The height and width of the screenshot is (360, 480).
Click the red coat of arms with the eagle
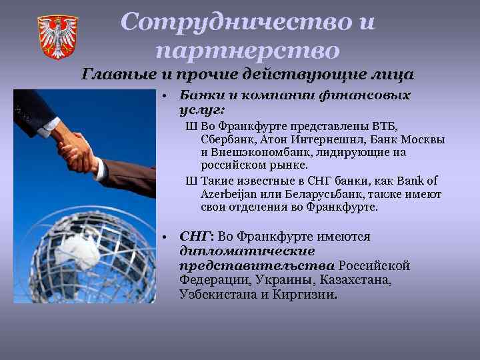pos(57,37)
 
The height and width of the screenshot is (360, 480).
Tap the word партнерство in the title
pos(248,50)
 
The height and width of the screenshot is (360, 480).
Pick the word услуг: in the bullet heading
pos(203,109)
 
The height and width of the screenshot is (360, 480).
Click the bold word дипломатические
pos(247,251)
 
